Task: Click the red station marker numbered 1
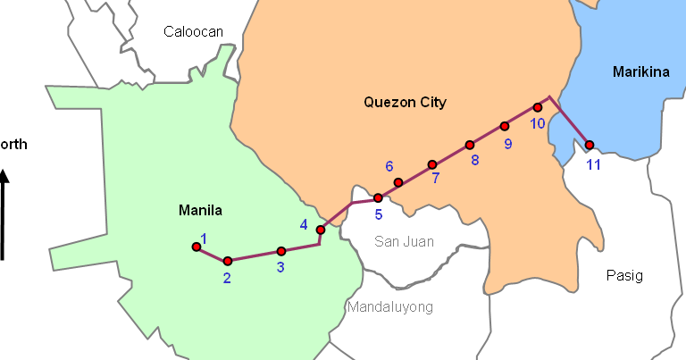coord(197,247)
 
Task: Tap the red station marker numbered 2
coord(228,261)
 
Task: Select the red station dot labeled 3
coord(281,251)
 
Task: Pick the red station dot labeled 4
coord(321,230)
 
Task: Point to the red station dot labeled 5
coord(378,197)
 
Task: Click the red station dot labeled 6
coord(398,182)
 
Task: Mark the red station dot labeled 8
coord(469,145)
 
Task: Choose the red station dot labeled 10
coord(538,107)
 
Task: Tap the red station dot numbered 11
coord(590,145)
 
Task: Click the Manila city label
coord(200,211)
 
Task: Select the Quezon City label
coord(405,102)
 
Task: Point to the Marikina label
coord(640,72)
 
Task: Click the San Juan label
coord(404,241)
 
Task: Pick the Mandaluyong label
coord(389,307)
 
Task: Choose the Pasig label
coord(623,275)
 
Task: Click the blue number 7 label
coord(435,178)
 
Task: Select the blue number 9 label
coord(507,143)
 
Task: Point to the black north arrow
coord(4,214)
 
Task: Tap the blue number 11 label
coord(594,163)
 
